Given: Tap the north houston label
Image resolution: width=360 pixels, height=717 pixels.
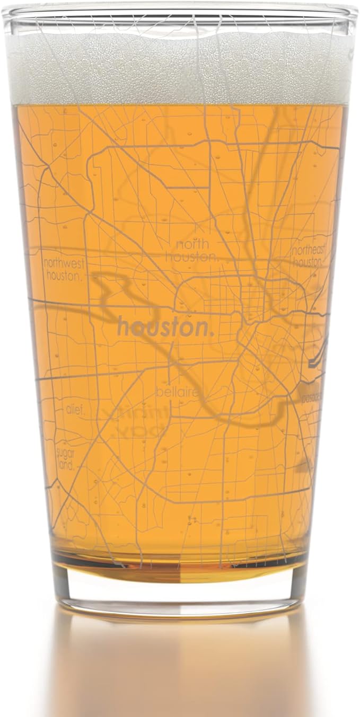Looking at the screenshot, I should (x=191, y=251).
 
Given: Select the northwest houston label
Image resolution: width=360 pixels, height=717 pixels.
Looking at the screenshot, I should (x=65, y=269).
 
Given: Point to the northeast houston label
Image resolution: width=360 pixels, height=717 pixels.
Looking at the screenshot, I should (x=309, y=255).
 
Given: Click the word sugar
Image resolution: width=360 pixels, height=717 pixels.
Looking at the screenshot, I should (x=66, y=453).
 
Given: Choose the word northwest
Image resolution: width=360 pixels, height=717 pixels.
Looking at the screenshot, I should (x=65, y=263).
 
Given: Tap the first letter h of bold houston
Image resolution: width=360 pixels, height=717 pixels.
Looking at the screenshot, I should (x=122, y=327).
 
